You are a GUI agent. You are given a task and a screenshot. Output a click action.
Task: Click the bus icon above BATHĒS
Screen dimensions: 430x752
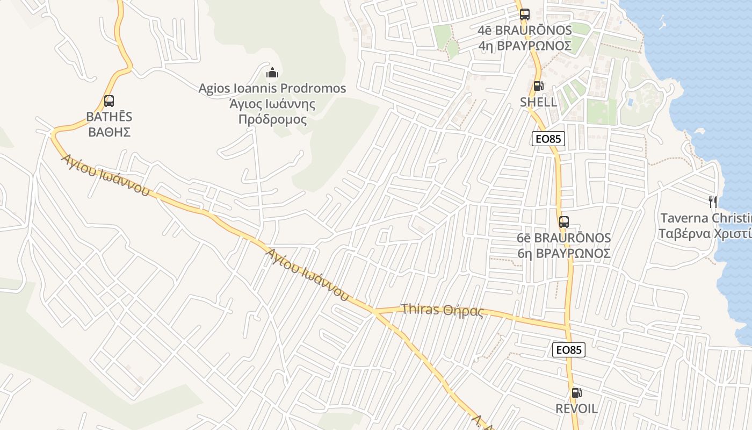tap(109, 101)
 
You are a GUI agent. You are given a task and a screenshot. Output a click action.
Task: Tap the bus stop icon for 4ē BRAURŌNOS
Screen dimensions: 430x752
tap(524, 15)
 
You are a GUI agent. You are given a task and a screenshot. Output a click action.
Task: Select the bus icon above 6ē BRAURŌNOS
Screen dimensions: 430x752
tap(563, 221)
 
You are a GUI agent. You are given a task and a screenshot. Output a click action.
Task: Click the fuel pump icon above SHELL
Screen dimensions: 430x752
tap(538, 86)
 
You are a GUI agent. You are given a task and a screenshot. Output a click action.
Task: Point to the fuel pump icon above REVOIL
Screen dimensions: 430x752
tap(576, 393)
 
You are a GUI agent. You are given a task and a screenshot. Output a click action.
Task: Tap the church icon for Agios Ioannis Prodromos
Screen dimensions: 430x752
tap(272, 72)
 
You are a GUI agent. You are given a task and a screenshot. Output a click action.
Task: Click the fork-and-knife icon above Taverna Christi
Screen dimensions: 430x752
tap(713, 202)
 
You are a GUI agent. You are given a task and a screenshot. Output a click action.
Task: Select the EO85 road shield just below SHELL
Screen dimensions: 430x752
tap(548, 139)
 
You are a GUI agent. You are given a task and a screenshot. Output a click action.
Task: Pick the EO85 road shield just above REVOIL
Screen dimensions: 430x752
tap(568, 350)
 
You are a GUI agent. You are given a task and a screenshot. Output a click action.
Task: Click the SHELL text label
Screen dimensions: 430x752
tap(538, 102)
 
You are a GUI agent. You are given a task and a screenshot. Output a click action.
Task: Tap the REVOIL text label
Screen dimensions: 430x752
tap(576, 408)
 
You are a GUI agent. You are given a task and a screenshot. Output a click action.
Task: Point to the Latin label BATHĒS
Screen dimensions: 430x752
tap(109, 117)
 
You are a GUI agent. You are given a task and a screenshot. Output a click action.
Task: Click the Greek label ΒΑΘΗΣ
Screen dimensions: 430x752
tap(109, 132)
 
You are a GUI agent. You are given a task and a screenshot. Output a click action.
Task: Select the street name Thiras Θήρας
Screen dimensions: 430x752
tap(443, 310)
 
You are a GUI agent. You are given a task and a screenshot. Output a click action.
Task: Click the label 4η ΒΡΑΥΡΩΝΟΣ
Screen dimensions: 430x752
tap(524, 46)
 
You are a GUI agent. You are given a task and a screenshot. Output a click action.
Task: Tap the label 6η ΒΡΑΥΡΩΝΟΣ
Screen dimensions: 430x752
tap(564, 253)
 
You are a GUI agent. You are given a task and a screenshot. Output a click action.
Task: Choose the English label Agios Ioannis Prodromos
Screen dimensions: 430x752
tap(272, 88)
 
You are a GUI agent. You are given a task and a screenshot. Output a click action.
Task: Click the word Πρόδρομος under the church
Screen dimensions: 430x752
tap(272, 119)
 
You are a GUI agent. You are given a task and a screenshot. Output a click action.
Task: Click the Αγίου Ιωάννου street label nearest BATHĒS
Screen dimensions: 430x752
tap(105, 175)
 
